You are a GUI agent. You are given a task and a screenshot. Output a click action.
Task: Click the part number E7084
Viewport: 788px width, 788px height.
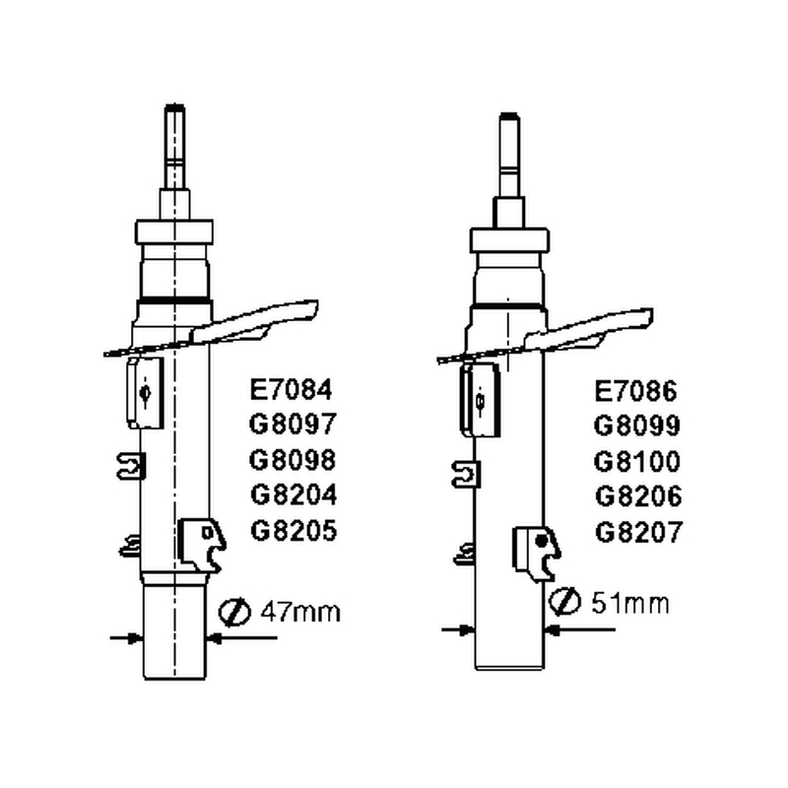click(291, 389)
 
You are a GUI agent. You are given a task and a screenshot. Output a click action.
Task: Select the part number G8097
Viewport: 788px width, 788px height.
click(293, 424)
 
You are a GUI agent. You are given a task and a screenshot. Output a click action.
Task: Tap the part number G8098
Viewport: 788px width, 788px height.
click(293, 460)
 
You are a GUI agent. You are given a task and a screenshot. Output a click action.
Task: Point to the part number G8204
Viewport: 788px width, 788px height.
click(294, 495)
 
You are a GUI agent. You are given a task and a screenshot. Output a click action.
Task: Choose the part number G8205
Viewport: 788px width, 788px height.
click(294, 531)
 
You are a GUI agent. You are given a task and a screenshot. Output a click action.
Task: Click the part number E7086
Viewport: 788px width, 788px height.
click(635, 391)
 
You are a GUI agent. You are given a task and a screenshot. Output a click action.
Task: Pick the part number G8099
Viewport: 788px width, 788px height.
click(636, 426)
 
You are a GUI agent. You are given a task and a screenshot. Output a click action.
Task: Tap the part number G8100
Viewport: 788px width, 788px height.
click(636, 461)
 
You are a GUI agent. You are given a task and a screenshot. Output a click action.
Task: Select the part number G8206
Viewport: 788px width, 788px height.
click(638, 496)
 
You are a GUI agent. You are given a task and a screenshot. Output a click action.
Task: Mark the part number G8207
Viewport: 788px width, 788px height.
click(638, 532)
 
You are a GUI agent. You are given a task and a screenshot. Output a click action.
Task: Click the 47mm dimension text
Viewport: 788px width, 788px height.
click(300, 612)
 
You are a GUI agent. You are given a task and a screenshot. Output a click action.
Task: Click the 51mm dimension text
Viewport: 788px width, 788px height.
click(630, 603)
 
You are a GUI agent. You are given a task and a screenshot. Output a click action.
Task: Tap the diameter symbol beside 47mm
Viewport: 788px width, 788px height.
click(234, 612)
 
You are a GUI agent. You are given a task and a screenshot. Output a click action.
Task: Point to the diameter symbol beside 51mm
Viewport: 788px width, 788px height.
click(564, 601)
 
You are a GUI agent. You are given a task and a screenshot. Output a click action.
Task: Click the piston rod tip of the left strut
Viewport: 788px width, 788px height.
click(175, 107)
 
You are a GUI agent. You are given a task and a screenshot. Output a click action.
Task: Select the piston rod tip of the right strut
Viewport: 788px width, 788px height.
click(509, 116)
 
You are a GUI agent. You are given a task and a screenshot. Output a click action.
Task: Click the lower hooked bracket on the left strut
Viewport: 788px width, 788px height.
click(202, 545)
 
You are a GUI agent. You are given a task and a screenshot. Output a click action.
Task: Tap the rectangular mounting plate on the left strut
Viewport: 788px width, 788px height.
click(145, 393)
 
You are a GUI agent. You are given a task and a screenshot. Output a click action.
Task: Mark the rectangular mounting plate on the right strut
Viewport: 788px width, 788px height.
click(480, 400)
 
